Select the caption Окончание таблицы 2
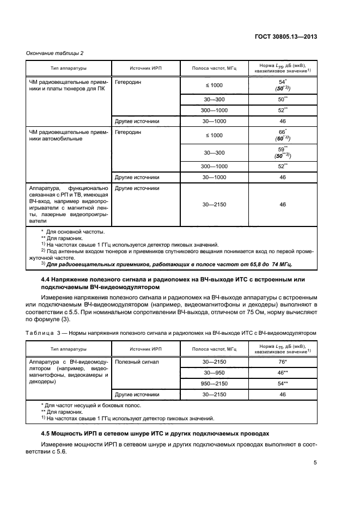click(x=54, y=53)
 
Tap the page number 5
click(x=315, y=463)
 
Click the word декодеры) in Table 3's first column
click(x=43, y=382)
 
